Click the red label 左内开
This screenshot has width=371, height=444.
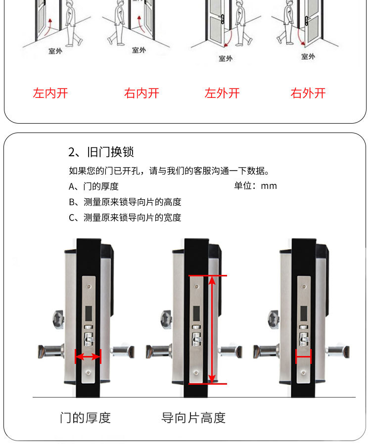(50, 93)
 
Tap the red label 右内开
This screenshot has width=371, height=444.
(141, 93)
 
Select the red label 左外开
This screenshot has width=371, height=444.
(222, 93)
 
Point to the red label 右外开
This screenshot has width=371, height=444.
(308, 93)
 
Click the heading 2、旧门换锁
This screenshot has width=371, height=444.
(101, 152)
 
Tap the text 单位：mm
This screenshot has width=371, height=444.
(255, 186)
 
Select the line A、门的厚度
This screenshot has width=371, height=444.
(93, 186)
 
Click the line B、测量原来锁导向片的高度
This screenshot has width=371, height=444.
(125, 202)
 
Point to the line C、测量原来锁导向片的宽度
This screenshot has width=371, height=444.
(125, 218)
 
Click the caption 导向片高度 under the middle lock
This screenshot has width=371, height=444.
(193, 418)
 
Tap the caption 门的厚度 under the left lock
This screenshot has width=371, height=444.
(85, 418)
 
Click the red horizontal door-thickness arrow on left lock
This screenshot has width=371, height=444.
(88, 356)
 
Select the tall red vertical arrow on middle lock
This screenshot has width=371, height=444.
(212, 330)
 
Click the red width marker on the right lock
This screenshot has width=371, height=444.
(303, 356)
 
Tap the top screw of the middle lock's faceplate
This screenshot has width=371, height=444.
(196, 287)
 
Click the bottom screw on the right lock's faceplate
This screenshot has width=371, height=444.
(304, 373)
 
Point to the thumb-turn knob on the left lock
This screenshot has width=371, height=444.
(58, 320)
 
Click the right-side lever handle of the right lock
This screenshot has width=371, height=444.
(337, 352)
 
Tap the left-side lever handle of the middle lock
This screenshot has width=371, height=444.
(159, 352)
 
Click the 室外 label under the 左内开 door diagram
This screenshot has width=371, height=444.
(55, 51)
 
